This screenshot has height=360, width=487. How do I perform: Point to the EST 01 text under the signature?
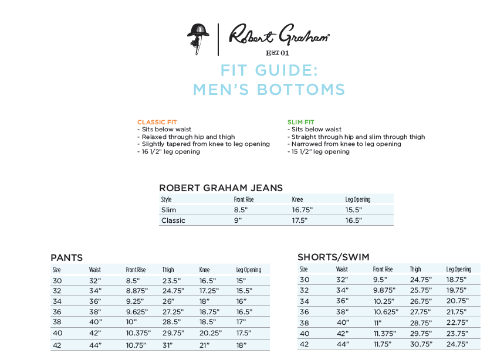(278, 53)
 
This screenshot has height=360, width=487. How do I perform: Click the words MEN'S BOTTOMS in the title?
(269, 90)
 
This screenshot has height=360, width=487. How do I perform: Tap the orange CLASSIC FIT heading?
(157, 122)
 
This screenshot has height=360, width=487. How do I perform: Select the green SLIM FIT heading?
(301, 122)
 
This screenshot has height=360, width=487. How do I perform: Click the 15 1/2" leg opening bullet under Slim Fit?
(320, 151)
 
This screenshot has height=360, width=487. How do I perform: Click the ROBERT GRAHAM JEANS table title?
(221, 188)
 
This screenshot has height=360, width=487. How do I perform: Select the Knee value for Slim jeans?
(302, 210)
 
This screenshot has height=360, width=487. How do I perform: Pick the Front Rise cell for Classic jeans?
(238, 220)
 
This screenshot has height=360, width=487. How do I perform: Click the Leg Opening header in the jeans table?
(357, 199)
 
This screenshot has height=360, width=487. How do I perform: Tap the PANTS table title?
(66, 258)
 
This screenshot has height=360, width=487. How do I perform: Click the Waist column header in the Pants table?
(95, 270)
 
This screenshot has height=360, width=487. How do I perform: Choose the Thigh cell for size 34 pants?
(169, 301)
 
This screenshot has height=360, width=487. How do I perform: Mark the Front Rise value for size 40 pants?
(138, 332)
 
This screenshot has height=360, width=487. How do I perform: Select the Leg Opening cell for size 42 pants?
(241, 345)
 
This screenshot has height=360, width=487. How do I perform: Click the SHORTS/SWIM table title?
(333, 257)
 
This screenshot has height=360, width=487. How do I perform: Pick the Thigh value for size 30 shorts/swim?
(421, 280)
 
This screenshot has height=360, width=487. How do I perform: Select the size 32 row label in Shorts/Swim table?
(305, 290)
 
